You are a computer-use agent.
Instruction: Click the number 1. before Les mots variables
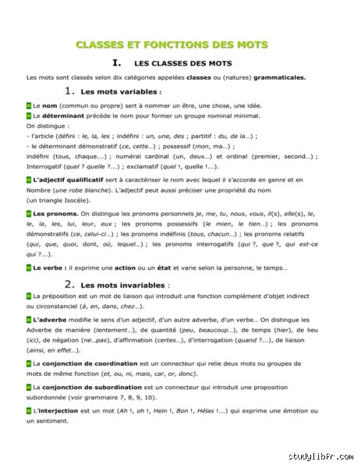(70, 90)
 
